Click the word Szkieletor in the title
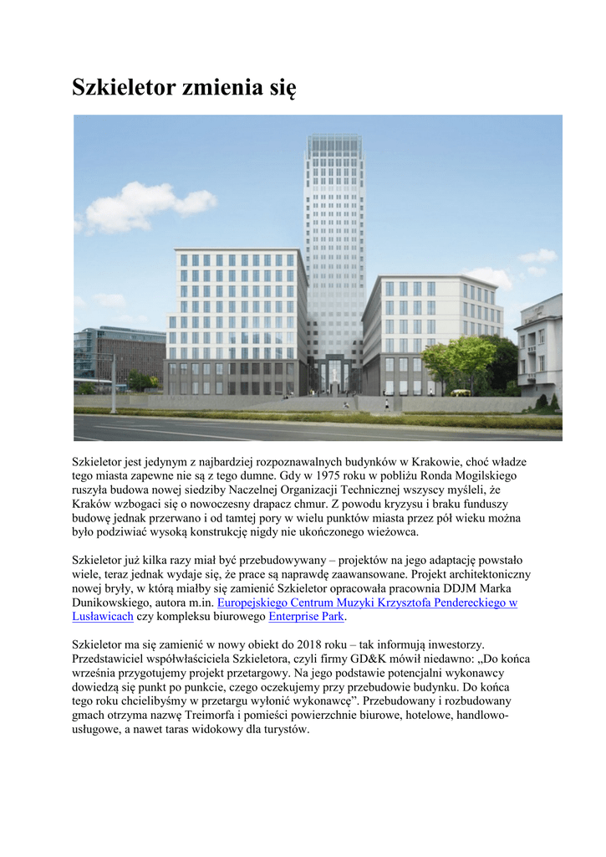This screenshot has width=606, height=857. (123, 88)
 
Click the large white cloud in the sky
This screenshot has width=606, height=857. (142, 206)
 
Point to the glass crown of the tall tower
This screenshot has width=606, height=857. (334, 151)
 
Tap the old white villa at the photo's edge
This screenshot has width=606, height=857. (539, 347)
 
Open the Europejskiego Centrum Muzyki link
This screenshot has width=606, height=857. (366, 603)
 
